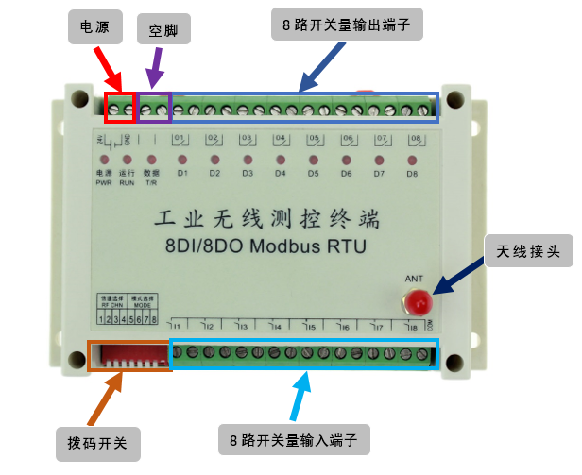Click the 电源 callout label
tap(95, 28)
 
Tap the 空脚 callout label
tap(163, 28)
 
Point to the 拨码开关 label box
tap(98, 440)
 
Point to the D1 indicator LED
tap(183, 160)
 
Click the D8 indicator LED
tap(412, 160)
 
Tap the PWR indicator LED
tap(103, 160)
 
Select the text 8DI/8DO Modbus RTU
tap(259, 248)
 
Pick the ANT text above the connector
tap(414, 279)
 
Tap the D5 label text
tap(313, 174)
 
